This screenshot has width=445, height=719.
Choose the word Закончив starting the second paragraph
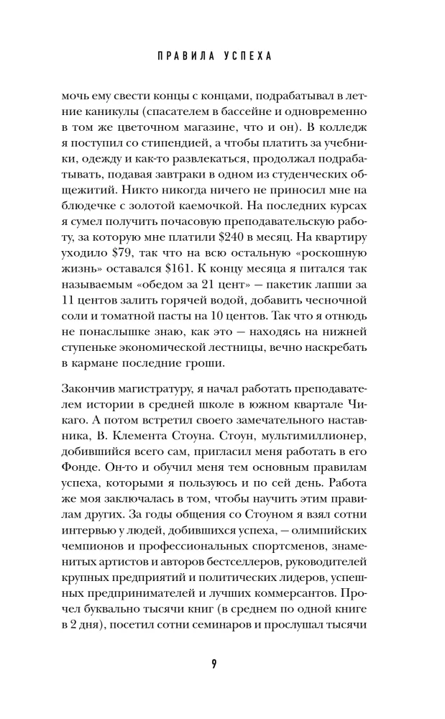90,389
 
